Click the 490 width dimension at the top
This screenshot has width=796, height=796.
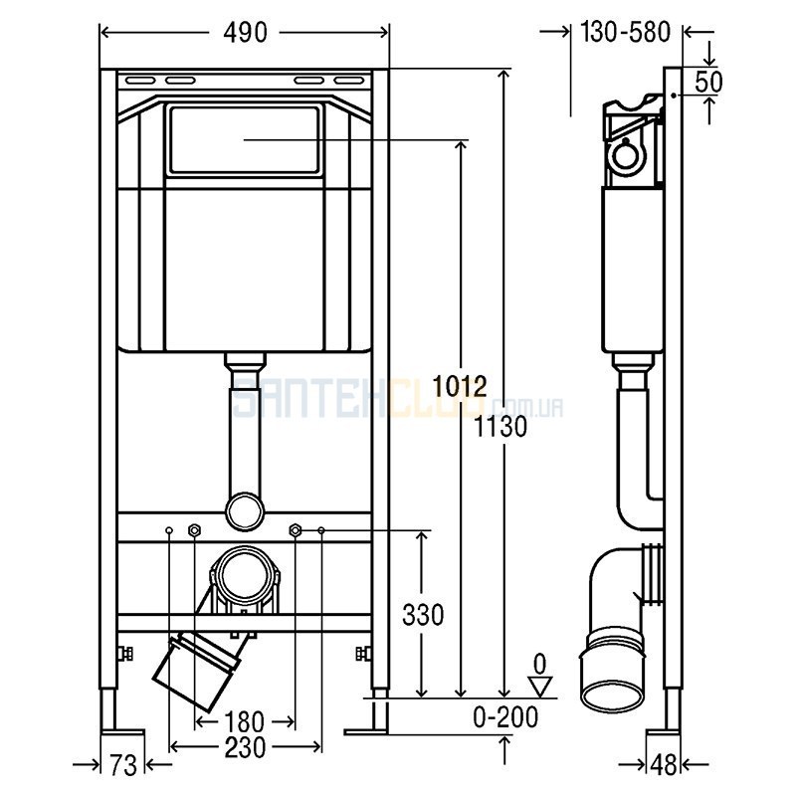[x=245, y=33]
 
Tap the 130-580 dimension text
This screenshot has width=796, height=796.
[x=626, y=33]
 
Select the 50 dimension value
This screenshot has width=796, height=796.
[x=708, y=82]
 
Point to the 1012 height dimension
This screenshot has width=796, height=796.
[x=460, y=387]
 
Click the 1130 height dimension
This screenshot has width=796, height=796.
[x=501, y=427]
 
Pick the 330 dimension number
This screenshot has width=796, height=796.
[x=423, y=614]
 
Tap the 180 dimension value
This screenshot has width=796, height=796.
[x=244, y=721]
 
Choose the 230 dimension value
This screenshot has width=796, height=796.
[x=245, y=747]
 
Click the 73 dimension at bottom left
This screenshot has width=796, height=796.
[x=123, y=765]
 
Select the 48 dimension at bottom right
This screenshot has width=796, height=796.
[x=664, y=765]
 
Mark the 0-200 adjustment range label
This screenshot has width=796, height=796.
[x=505, y=717]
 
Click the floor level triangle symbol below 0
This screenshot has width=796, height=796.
[x=540, y=687]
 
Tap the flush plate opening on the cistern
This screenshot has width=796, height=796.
[x=245, y=139]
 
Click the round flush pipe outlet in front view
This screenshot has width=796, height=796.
[x=245, y=511]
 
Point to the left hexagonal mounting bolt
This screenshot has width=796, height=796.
[x=194, y=530]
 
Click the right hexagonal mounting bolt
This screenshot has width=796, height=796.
[x=295, y=530]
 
